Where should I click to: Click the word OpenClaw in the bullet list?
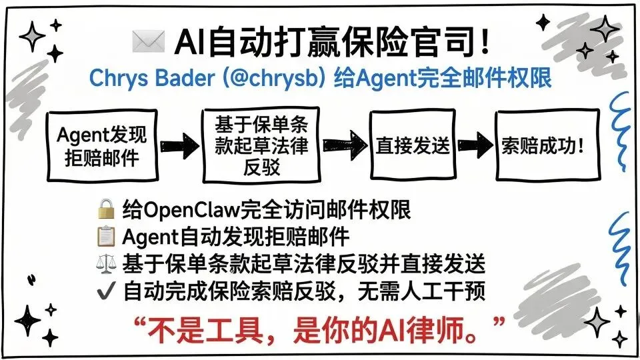point(193,211)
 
